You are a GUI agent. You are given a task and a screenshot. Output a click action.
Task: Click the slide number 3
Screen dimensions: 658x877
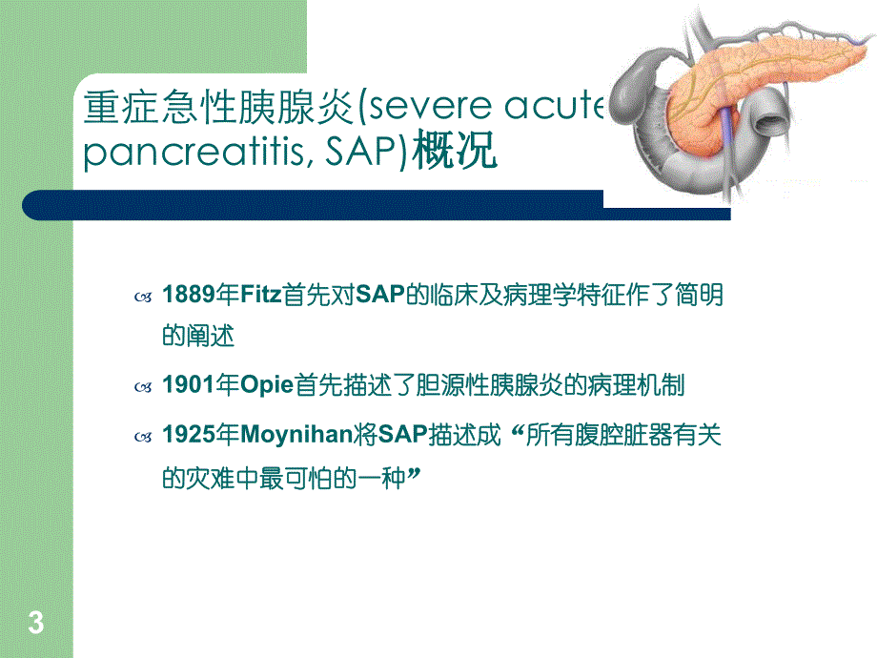(36, 625)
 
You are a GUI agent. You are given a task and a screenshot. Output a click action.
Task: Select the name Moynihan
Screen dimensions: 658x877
(293, 435)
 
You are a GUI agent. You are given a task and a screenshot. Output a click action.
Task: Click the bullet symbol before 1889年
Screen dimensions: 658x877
(143, 298)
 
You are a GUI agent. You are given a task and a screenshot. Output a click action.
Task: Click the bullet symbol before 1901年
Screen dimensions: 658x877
(143, 387)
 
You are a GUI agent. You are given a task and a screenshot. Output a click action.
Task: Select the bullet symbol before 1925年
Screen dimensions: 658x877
(143, 436)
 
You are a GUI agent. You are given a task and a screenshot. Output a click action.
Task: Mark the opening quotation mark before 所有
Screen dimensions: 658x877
(519, 431)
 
